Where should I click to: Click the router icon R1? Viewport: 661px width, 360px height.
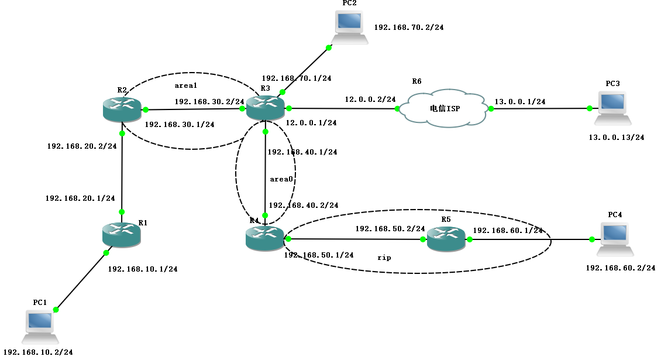pos(121,234)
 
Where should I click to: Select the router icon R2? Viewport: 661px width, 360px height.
pos(122,109)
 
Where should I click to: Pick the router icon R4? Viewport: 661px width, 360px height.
pos(264,239)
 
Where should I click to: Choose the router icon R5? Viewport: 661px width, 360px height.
pos(446,239)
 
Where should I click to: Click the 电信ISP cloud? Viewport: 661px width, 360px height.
pos(443,108)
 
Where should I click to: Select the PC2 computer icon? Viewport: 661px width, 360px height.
pos(350,28)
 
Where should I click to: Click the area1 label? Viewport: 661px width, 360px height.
pos(186,85)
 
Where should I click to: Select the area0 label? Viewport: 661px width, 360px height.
pos(281,179)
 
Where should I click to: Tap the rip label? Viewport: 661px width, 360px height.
pos(384,257)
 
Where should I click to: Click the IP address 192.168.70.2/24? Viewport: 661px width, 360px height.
pos(408,27)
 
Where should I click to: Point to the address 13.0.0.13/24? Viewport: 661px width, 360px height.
pos(617,138)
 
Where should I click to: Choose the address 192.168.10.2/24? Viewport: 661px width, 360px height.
pos(38,352)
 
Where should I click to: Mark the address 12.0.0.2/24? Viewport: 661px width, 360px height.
pos(370,100)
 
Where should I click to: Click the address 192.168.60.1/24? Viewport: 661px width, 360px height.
pos(508,230)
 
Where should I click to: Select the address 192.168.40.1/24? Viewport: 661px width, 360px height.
pos(302,152)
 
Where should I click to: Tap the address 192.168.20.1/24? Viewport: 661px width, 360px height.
pos(80,198)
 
